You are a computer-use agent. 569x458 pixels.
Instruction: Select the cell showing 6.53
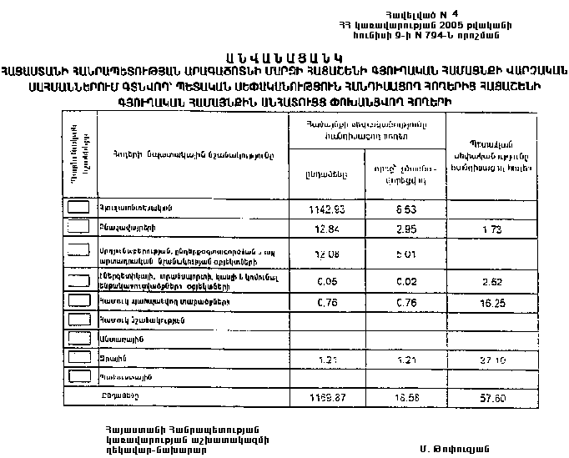(x=406, y=208)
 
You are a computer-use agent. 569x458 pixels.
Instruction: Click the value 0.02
(x=406, y=282)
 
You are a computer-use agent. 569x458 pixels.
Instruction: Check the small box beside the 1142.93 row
(x=78, y=207)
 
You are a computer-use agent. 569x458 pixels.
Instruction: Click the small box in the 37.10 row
(x=78, y=358)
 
